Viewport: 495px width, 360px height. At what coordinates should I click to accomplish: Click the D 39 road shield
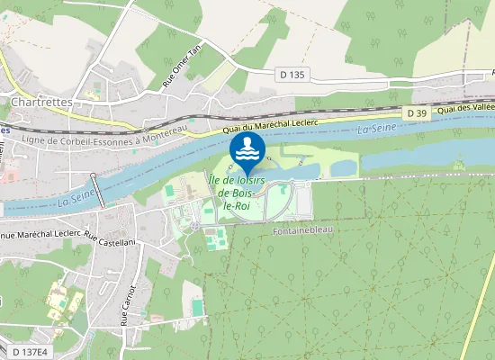[x=416, y=112]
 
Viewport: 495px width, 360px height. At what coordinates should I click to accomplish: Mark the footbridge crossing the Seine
[x=98, y=190]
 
